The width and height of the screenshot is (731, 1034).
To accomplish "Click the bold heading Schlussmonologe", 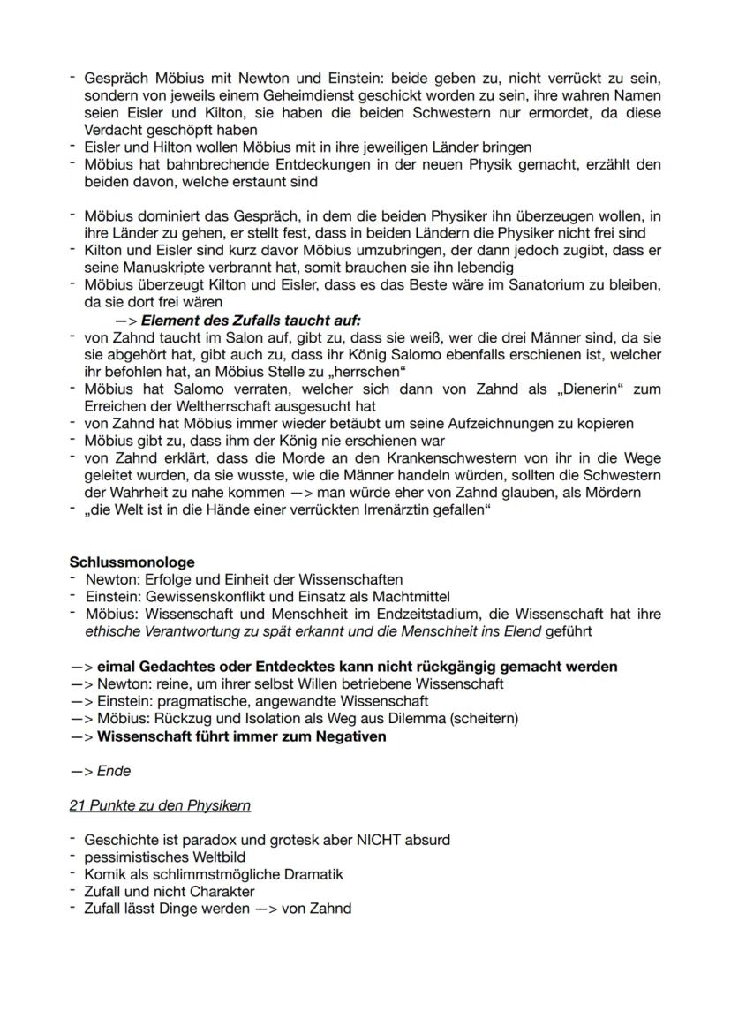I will click(x=132, y=562).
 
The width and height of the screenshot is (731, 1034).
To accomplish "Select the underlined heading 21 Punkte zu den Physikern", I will click(x=160, y=805).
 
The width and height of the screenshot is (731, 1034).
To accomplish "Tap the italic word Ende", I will click(x=114, y=771).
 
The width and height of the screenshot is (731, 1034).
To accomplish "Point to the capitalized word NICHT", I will click(x=381, y=839).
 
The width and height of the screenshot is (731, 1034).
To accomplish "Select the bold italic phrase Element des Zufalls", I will click(x=213, y=321).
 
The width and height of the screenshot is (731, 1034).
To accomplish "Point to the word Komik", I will click(x=104, y=873).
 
